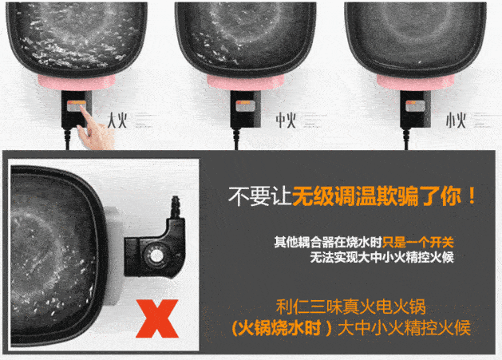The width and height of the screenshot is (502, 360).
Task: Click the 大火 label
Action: [117, 121]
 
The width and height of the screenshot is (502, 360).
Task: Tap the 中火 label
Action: [286, 121]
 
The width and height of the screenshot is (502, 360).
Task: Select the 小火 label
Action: [456, 121]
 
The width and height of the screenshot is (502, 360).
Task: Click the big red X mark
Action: [157, 318]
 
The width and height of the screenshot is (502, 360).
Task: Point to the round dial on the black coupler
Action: [156, 256]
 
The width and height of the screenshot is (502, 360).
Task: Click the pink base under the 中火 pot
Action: [246, 82]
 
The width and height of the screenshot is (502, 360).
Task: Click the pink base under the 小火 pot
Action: [415, 82]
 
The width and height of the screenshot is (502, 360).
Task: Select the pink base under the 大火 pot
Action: [77, 82]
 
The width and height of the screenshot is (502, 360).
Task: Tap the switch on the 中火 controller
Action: [246, 106]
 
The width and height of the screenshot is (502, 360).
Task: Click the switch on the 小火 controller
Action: [415, 106]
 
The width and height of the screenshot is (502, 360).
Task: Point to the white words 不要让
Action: [259, 196]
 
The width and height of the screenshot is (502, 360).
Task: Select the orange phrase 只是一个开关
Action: [418, 243]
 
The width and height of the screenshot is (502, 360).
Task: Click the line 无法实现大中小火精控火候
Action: [382, 257]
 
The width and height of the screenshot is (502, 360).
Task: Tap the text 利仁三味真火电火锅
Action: [351, 307]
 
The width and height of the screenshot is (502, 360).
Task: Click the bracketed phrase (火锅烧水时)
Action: [281, 328]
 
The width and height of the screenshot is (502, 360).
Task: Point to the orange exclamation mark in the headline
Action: [471, 196]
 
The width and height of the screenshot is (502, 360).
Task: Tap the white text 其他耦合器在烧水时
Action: [328, 243]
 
